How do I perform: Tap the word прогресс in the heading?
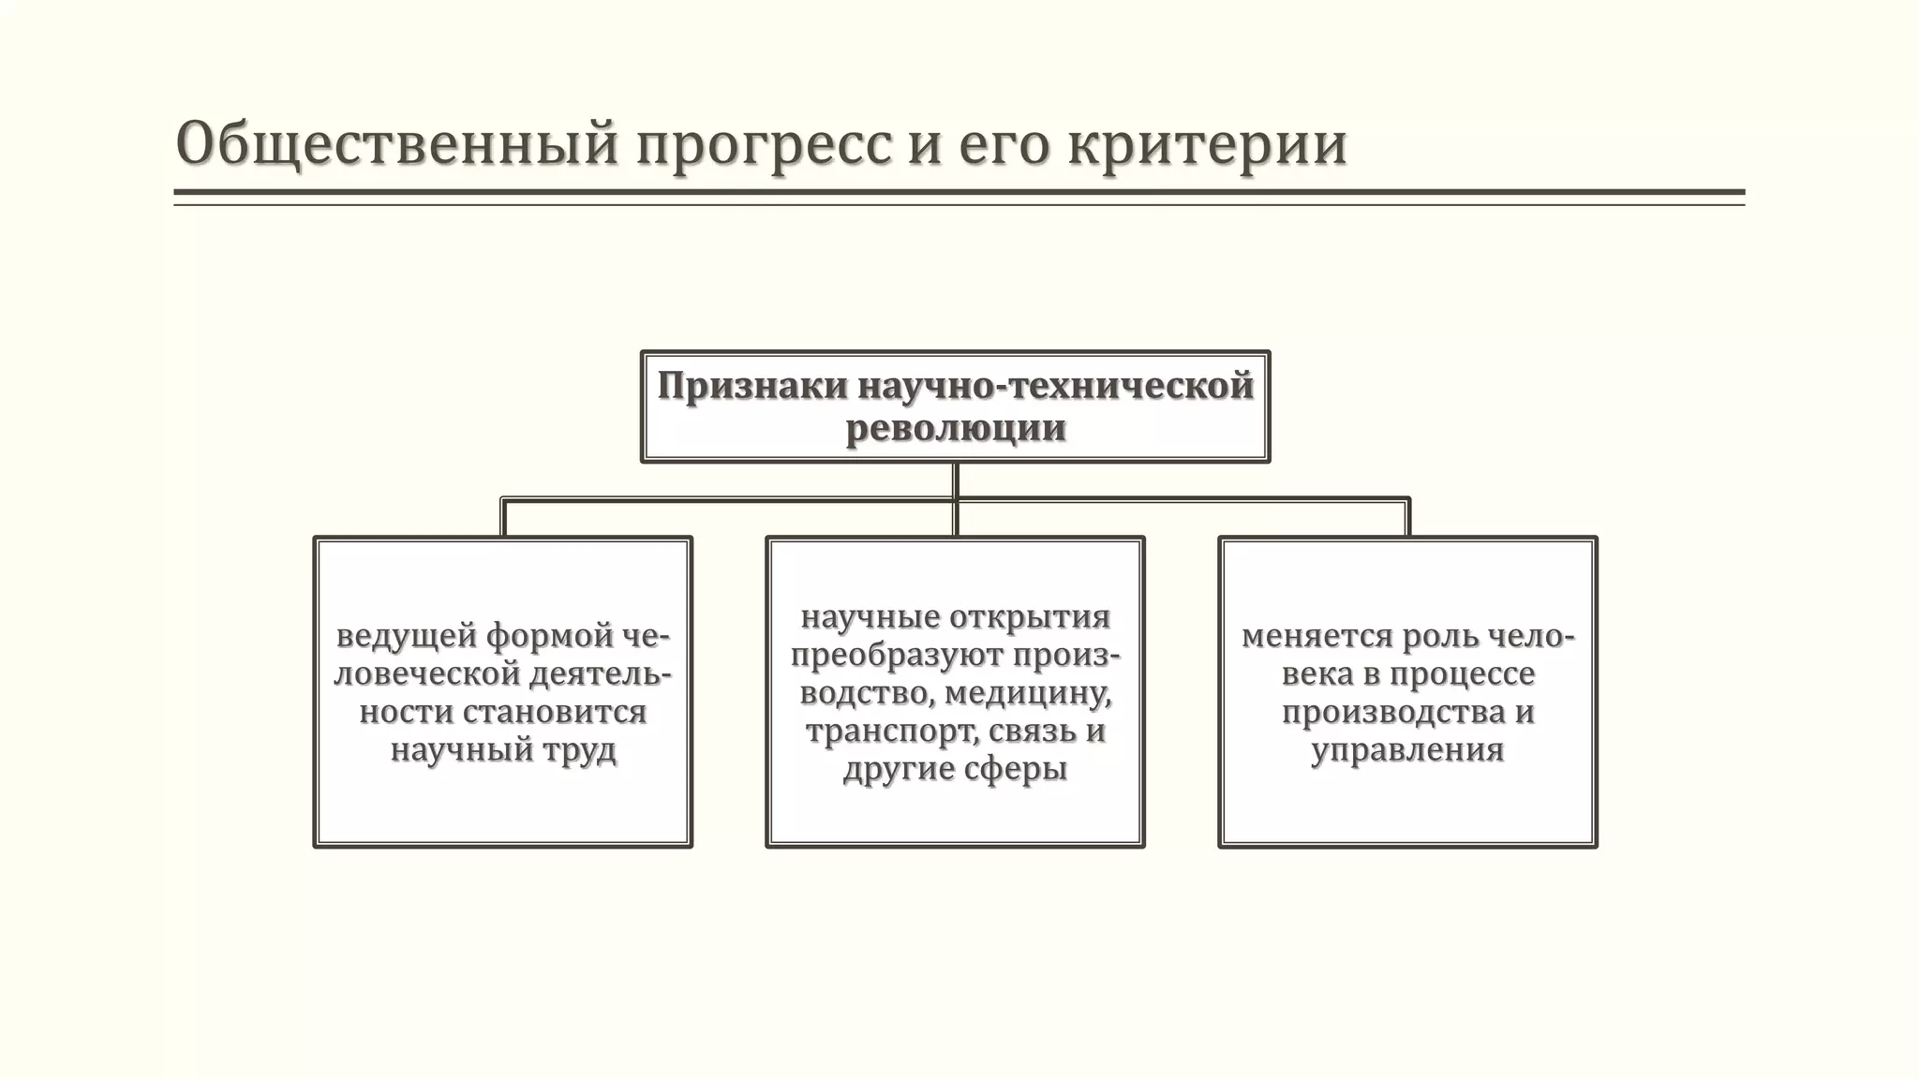click(765, 144)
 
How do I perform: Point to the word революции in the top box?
click(956, 428)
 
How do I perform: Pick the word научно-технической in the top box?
click(1055, 387)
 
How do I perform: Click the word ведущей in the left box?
click(408, 636)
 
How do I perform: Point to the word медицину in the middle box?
click(1028, 693)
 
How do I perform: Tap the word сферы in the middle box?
click(1015, 769)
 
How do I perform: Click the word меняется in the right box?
click(1316, 636)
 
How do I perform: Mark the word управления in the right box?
click(1407, 750)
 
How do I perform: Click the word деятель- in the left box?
click(601, 674)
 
